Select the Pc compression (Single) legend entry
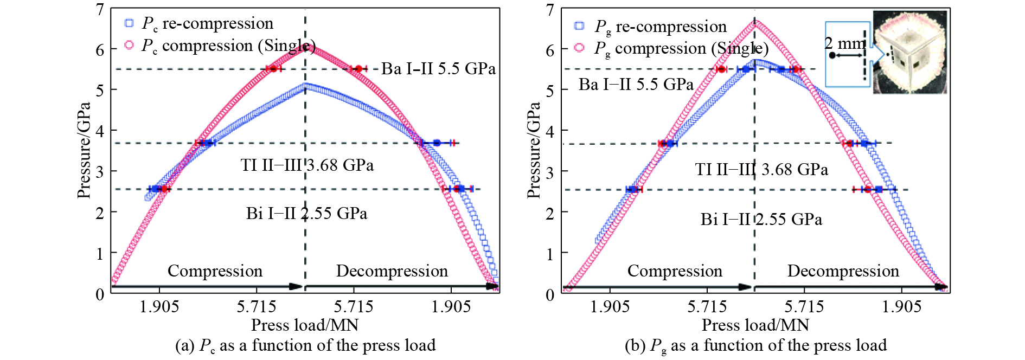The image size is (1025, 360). tap(220, 46)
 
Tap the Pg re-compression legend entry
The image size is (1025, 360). tap(651, 26)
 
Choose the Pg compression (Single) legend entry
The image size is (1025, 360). tap(672, 48)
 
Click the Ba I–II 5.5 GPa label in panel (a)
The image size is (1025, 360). tap(438, 69)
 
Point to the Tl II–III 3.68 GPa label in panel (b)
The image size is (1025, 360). tap(761, 170)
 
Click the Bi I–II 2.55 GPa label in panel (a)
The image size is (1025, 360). tap(306, 213)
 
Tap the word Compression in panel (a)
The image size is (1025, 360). tap(215, 271)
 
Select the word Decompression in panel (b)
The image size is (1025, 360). tap(843, 271)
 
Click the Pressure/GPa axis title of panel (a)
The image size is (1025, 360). tap(84, 150)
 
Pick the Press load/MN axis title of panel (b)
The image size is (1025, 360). tap(755, 325)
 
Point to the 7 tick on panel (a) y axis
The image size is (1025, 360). tap(100, 9)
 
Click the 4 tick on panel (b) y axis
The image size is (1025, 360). tap(550, 131)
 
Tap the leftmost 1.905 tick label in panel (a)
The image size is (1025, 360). tap(159, 307)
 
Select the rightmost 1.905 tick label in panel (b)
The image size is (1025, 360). tap(901, 307)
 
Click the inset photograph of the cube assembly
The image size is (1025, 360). tap(910, 53)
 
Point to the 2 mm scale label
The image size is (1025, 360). tap(845, 43)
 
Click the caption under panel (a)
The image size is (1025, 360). tap(305, 345)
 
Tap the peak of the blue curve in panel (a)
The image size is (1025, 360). tap(305, 85)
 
